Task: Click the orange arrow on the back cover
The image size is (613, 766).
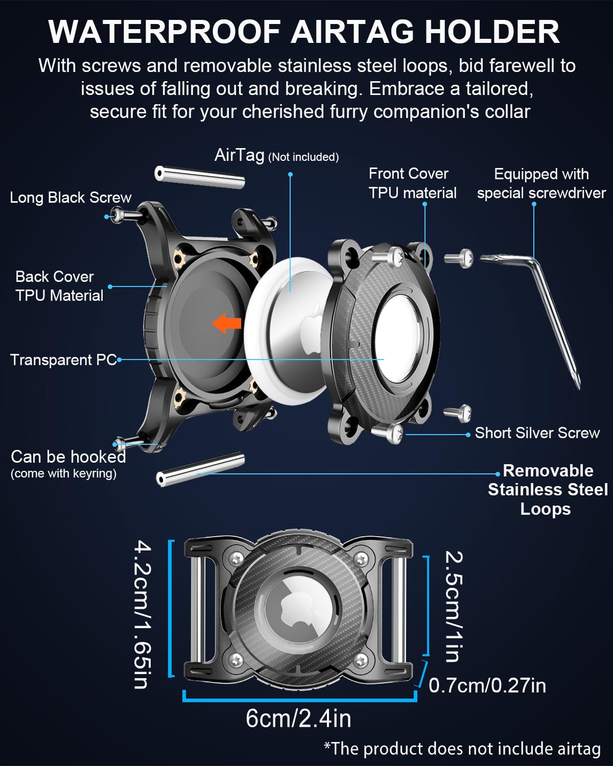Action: click(x=226, y=323)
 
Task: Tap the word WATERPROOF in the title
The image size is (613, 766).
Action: click(x=164, y=32)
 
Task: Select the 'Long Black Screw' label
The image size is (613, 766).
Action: click(x=70, y=198)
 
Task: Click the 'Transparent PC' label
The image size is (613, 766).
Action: click(x=63, y=360)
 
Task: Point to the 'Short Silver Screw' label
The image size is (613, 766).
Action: click(x=537, y=433)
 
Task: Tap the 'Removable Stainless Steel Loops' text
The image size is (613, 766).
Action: click(x=548, y=490)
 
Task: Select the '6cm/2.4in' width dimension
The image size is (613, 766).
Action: click(x=298, y=719)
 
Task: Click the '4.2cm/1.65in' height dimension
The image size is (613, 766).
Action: click(x=143, y=615)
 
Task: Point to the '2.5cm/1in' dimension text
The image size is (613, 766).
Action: click(x=454, y=606)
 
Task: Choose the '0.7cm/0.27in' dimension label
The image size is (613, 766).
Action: click(x=487, y=685)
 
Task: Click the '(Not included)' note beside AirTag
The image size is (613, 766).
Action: click(x=303, y=157)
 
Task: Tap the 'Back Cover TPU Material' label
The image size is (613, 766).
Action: click(x=59, y=286)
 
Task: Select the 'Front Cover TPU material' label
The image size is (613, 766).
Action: click(x=412, y=183)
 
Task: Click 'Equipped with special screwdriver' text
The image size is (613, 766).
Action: click(x=541, y=184)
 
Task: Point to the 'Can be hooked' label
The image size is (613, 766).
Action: click(x=68, y=457)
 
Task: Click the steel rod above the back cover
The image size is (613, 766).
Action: click(x=199, y=177)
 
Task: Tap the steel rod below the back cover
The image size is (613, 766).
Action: click(x=200, y=469)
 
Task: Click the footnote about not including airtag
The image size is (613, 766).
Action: click(x=462, y=748)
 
